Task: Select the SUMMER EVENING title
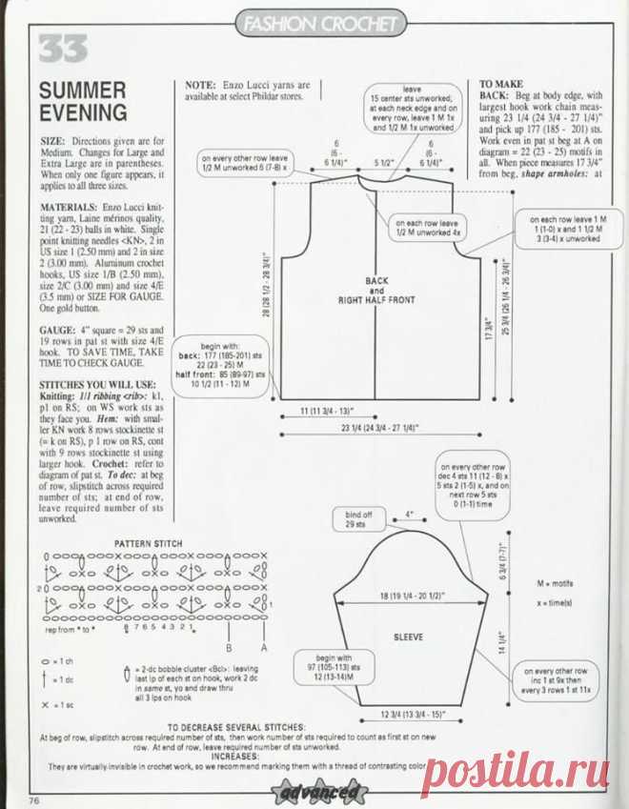(83, 102)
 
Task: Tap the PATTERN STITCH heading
(149, 543)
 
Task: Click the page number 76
(34, 799)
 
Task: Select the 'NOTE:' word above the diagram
(203, 85)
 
